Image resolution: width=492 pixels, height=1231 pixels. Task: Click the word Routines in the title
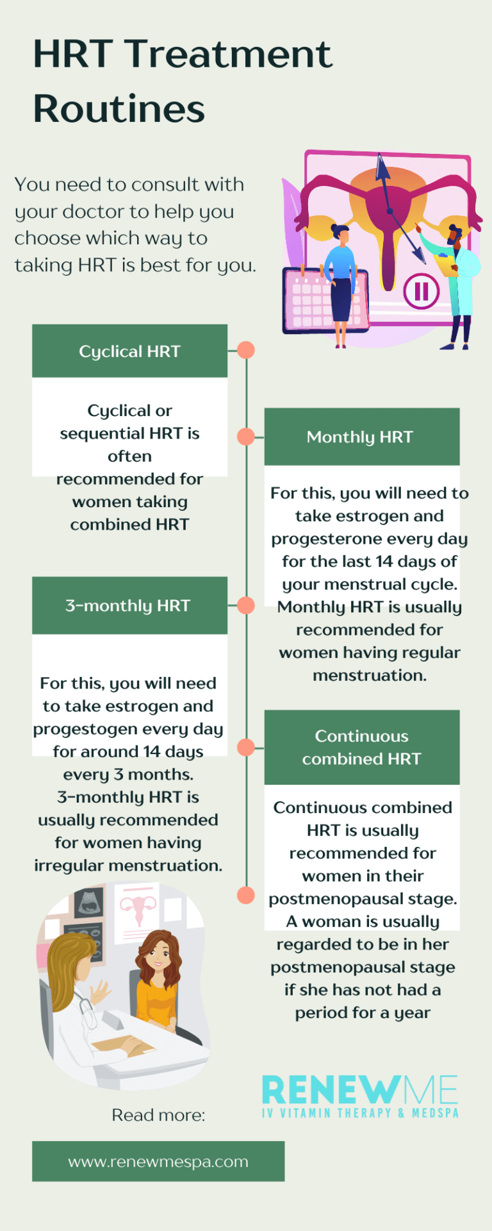pyautogui.click(x=119, y=108)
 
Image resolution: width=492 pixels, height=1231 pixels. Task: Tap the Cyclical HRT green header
pyautogui.click(x=129, y=351)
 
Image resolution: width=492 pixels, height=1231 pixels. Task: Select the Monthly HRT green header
pyautogui.click(x=361, y=437)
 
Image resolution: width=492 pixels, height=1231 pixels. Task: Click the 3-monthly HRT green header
pyautogui.click(x=129, y=605)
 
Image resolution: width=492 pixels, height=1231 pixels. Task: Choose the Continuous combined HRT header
pyautogui.click(x=361, y=747)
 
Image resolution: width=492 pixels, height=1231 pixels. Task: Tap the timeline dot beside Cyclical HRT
pyautogui.click(x=246, y=350)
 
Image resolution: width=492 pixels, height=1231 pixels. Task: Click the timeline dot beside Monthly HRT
pyautogui.click(x=246, y=437)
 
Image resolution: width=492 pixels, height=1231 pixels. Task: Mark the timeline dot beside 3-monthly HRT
pyautogui.click(x=246, y=605)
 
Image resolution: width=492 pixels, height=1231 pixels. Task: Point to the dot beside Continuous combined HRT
pyautogui.click(x=246, y=747)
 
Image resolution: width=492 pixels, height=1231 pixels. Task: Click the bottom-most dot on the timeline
pyautogui.click(x=246, y=895)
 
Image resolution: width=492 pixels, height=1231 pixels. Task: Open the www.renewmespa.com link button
pyautogui.click(x=158, y=1161)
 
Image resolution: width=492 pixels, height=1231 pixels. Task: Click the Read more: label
pyautogui.click(x=158, y=1115)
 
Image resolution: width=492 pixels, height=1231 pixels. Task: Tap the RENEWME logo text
pyautogui.click(x=360, y=1090)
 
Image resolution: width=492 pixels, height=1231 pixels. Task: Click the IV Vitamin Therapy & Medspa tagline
pyautogui.click(x=360, y=1113)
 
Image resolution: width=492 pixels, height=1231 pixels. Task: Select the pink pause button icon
pyautogui.click(x=421, y=291)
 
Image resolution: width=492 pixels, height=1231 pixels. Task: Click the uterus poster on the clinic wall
pyautogui.click(x=138, y=910)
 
